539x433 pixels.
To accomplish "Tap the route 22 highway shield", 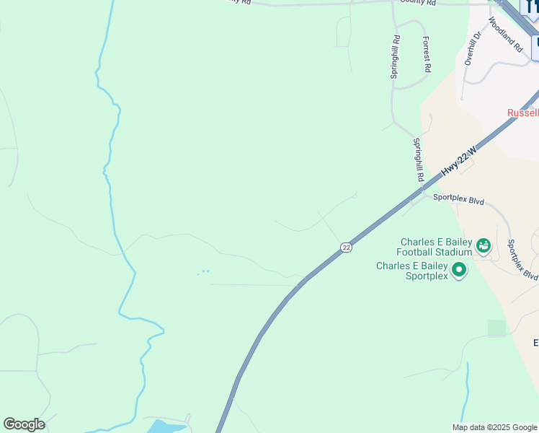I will tap(347, 248).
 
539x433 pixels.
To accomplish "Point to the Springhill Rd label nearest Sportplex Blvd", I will tap(419, 160).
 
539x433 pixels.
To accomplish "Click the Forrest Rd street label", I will tap(427, 54).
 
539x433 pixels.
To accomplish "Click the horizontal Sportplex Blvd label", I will tap(458, 200).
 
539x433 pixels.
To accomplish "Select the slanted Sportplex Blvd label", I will tap(522, 260).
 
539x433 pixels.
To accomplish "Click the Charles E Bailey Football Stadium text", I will tap(434, 248).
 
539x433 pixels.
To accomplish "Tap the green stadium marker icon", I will tap(483, 247).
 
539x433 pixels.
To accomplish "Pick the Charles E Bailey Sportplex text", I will tap(411, 271).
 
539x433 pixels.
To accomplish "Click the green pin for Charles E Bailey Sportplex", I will tap(458, 271).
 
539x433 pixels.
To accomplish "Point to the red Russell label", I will tap(522, 113).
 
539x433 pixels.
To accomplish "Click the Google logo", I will tap(24, 424).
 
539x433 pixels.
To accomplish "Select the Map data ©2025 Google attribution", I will tap(494, 427).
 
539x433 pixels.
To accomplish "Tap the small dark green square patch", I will tap(496, 328).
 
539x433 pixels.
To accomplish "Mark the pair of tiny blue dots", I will tap(205, 271).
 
